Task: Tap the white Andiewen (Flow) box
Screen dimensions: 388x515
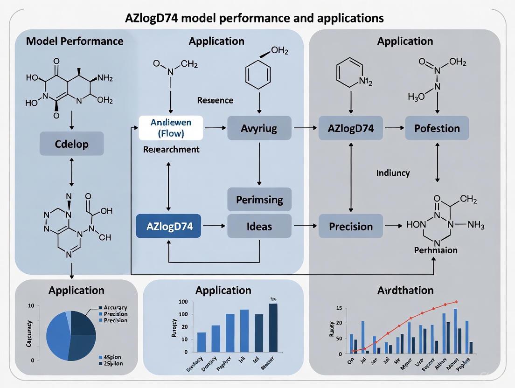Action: point(171,128)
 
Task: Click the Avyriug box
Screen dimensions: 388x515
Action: point(259,128)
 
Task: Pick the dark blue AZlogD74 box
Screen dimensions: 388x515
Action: point(170,227)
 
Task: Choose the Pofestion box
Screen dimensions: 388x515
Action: point(437,128)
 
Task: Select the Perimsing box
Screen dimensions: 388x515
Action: point(259,200)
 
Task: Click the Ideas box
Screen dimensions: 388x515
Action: point(259,227)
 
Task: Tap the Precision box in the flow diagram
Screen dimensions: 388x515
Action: point(351,227)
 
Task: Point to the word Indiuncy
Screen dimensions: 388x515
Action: point(393,173)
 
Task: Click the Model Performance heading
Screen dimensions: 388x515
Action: point(75,41)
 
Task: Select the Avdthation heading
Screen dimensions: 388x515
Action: point(405,291)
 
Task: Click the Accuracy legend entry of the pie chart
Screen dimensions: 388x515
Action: point(115,308)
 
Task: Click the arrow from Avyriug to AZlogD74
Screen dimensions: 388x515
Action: point(305,128)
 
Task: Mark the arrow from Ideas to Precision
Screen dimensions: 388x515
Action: point(305,227)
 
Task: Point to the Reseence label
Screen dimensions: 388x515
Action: point(215,100)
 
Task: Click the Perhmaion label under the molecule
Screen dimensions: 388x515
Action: point(436,250)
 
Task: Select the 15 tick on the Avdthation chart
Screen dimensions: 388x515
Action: point(339,308)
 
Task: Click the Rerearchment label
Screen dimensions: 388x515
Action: point(171,150)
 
